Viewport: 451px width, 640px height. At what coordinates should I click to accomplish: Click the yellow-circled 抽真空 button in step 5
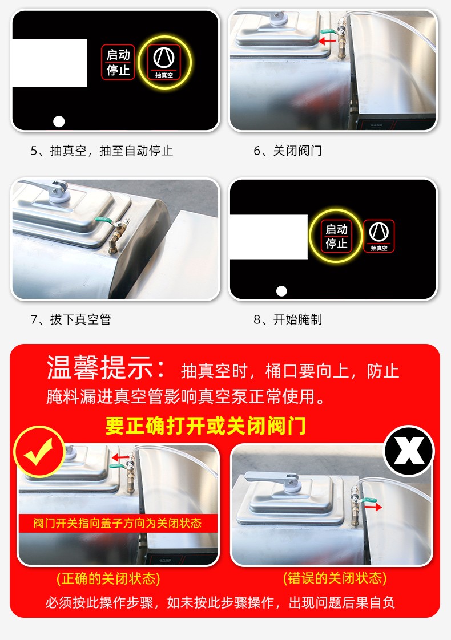163,62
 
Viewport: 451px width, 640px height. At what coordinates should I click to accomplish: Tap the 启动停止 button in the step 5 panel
118,62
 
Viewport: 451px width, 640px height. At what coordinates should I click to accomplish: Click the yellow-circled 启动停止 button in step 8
336,236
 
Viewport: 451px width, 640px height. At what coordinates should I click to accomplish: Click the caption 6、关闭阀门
288,151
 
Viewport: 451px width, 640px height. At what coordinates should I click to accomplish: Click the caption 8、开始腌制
288,319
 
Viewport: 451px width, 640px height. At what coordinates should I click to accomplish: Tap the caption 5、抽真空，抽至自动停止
102,151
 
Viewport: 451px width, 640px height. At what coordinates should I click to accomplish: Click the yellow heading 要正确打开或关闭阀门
206,426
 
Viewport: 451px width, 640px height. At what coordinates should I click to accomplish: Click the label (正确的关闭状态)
108,578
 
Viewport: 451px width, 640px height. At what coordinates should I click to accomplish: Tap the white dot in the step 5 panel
59,121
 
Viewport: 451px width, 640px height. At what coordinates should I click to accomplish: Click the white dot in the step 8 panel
281,291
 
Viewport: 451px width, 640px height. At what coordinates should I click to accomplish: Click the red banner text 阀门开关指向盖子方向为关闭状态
118,522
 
